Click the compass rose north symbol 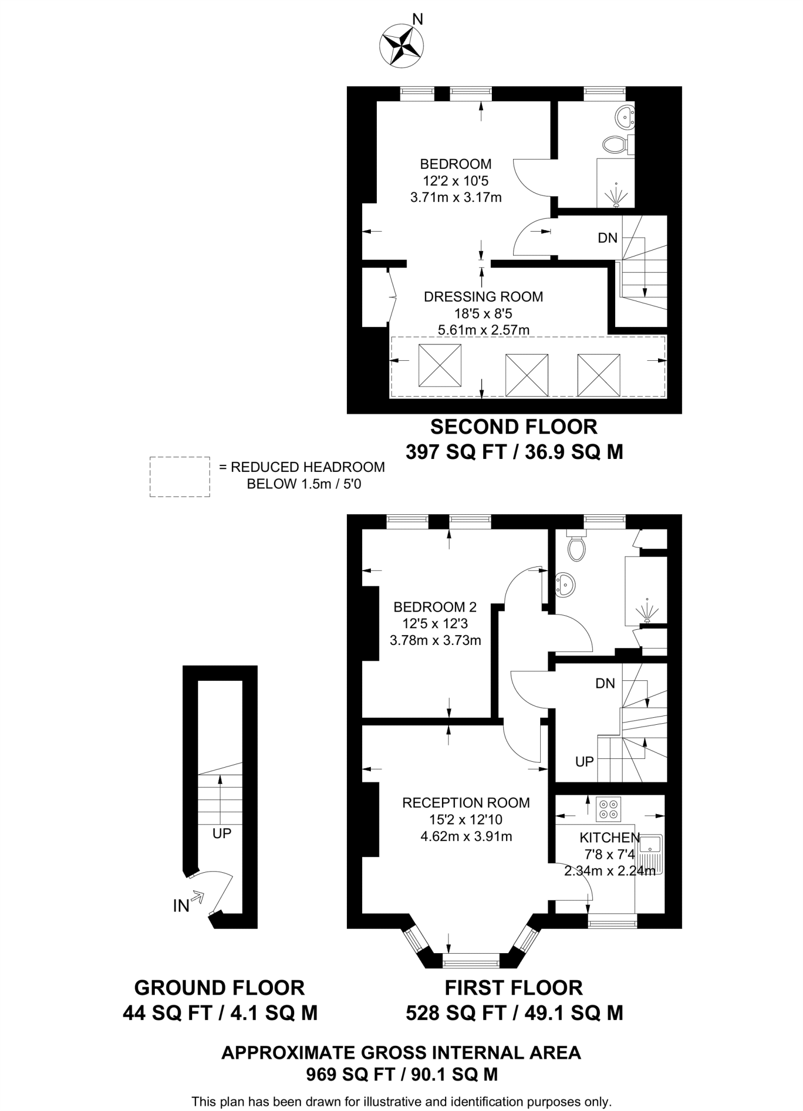click(x=402, y=46)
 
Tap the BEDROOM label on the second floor click(x=456, y=164)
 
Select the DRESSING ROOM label click(x=483, y=297)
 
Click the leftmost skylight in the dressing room click(x=440, y=365)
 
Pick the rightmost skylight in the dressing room click(x=598, y=375)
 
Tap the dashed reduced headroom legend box click(x=180, y=477)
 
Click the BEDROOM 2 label click(x=435, y=606)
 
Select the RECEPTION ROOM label click(x=466, y=802)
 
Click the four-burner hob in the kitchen click(x=609, y=809)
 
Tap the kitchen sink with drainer click(x=649, y=853)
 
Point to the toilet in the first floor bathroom click(x=576, y=547)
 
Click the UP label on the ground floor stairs click(x=222, y=833)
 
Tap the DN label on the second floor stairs click(x=608, y=238)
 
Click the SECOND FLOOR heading click(x=514, y=427)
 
